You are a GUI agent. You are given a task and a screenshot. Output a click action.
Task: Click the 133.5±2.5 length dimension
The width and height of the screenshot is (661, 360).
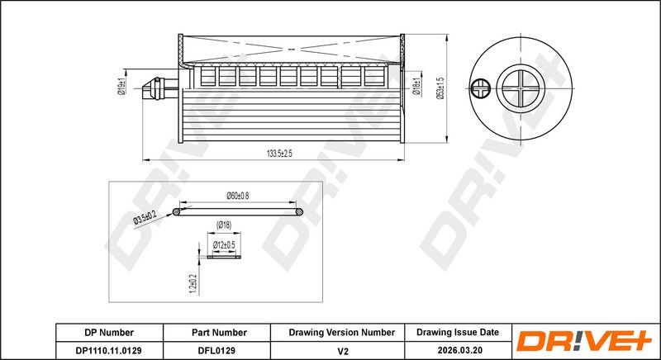tap(279, 154)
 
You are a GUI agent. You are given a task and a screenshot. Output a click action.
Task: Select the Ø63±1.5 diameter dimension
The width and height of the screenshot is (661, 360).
tap(440, 88)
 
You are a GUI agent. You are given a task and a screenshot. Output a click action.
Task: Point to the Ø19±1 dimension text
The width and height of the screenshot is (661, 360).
tap(121, 87)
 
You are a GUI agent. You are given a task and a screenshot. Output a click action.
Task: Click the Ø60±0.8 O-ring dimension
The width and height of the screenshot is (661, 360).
tap(237, 196)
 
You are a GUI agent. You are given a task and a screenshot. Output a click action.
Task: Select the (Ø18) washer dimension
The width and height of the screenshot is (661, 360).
tap(224, 225)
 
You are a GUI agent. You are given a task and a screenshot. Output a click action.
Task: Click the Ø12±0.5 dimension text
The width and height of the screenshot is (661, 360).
tap(224, 244)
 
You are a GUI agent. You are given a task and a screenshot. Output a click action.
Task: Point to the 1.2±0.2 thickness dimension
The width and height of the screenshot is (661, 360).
tap(193, 283)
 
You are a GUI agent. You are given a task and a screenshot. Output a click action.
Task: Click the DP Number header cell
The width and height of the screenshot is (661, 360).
tap(109, 333)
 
